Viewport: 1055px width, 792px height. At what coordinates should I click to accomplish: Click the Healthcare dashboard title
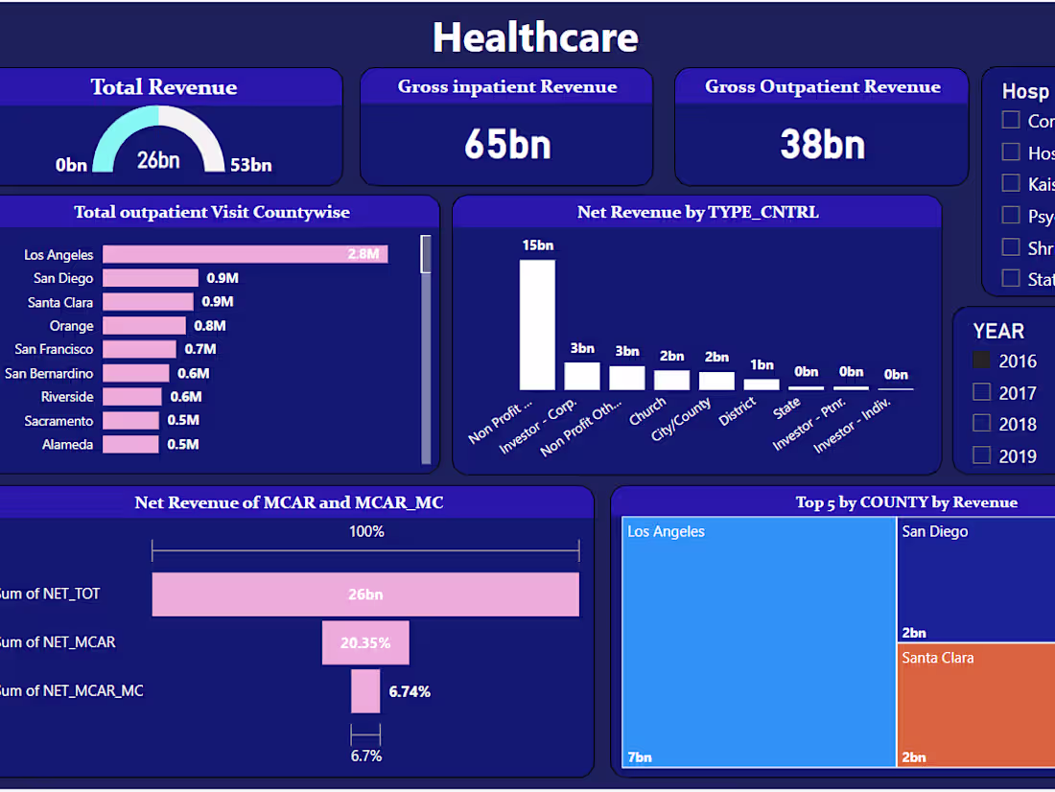click(535, 37)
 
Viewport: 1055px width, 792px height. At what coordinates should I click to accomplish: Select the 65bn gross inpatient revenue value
click(507, 144)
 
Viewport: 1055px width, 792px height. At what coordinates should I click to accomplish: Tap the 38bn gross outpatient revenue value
click(822, 144)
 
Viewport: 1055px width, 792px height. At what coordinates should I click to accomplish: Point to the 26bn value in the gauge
click(158, 160)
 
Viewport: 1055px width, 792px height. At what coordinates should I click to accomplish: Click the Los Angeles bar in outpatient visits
click(245, 254)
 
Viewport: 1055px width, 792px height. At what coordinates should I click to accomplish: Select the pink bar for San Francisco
click(140, 349)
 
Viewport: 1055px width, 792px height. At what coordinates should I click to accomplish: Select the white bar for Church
click(671, 380)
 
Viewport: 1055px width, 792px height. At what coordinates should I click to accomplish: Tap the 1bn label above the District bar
click(762, 364)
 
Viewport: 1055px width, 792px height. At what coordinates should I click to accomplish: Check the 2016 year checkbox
click(981, 361)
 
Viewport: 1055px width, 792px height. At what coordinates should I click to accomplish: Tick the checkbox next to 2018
click(981, 423)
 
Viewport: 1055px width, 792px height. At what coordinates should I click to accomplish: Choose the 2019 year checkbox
click(981, 454)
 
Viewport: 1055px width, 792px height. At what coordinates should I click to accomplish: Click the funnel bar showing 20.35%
click(365, 642)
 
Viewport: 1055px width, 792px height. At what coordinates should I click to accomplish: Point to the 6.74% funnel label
click(410, 691)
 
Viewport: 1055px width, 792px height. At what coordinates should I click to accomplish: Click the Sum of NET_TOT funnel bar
click(365, 594)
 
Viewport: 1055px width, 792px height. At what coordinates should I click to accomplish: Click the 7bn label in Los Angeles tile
click(640, 757)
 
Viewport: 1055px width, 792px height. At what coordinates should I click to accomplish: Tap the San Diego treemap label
click(935, 531)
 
